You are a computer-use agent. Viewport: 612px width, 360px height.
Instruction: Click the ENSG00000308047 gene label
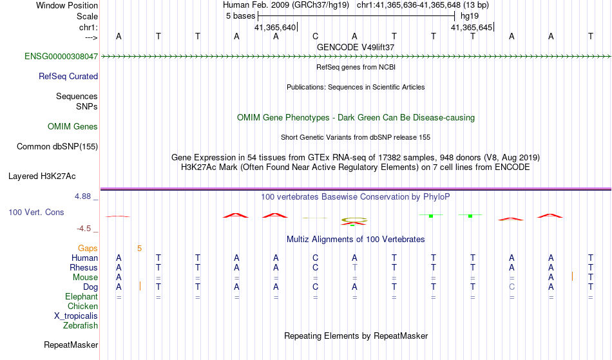coord(61,57)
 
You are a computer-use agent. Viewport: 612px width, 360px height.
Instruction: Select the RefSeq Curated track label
coord(68,76)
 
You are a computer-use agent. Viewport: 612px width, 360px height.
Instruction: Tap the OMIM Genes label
coord(73,126)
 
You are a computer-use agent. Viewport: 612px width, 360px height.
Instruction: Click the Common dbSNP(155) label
coord(57,146)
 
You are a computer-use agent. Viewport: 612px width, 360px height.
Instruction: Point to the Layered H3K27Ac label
coord(42,176)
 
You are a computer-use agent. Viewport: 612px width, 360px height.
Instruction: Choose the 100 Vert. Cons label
coord(36,212)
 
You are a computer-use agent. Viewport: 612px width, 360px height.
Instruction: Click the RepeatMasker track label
coord(71,345)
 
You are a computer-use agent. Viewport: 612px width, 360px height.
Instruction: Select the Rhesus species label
coord(84,267)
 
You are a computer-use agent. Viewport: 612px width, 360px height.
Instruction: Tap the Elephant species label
coord(81,296)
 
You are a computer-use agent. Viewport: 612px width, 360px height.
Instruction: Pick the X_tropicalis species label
coord(76,316)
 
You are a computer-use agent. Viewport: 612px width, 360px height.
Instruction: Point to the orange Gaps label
coord(88,248)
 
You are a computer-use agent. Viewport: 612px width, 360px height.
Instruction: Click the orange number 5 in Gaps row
coord(139,248)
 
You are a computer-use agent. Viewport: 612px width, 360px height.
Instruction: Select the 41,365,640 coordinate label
coord(275,28)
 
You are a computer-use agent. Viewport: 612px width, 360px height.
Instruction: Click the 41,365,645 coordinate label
coord(472,28)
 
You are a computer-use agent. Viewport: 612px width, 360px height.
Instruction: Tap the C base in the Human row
coord(315,258)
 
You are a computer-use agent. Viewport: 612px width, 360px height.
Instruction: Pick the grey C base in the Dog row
coord(512,287)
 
